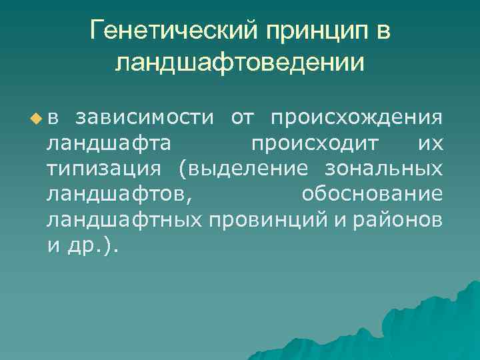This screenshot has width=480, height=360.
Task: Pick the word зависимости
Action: coord(145,118)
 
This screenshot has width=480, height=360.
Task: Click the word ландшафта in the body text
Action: coord(107,143)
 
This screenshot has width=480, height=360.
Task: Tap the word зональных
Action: coord(383,169)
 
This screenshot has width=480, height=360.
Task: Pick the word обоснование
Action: coord(372,194)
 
